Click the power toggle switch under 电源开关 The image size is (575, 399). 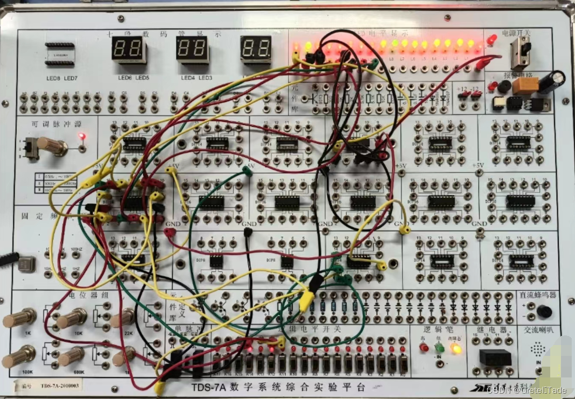[x=521, y=52]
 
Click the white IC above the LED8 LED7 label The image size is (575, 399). [x=59, y=54]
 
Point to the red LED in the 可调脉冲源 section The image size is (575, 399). [x=81, y=136]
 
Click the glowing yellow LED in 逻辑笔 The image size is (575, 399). [x=456, y=349]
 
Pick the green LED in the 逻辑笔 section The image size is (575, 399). [x=440, y=348]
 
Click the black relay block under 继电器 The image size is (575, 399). [x=495, y=357]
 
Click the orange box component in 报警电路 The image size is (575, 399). [x=523, y=86]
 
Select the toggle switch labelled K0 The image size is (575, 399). [x=404, y=362]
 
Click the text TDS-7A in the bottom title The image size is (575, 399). [x=208, y=387]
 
